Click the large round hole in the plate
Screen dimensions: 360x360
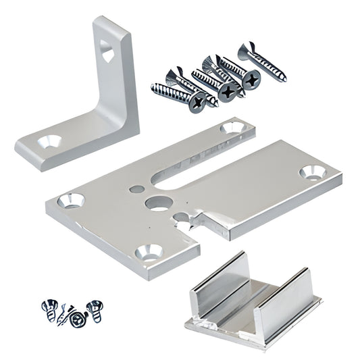tap(158, 202)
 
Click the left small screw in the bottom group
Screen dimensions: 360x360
tap(50, 311)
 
